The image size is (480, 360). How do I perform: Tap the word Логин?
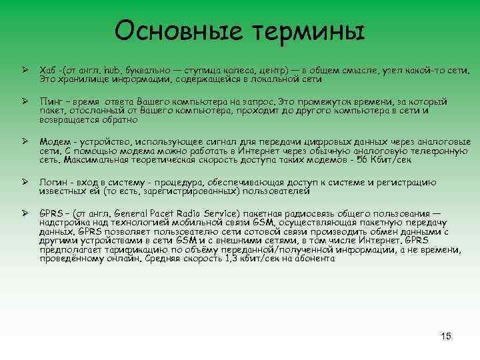tap(53, 182)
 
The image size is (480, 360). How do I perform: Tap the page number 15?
tap(446, 336)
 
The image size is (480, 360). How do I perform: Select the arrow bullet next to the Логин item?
tap(23, 181)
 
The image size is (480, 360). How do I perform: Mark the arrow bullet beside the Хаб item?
tap(23, 69)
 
